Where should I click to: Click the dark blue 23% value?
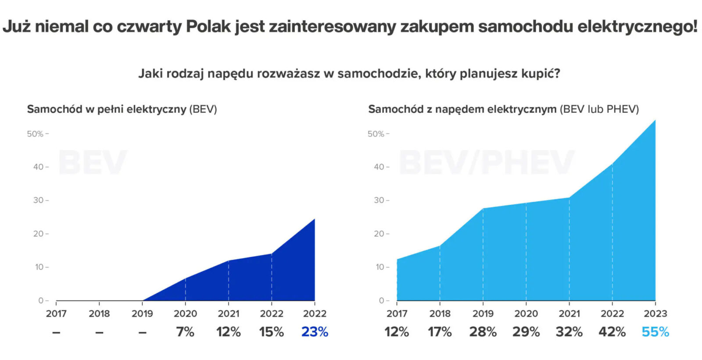[x=315, y=332]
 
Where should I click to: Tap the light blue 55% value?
[x=655, y=332]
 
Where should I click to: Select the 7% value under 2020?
[x=185, y=332]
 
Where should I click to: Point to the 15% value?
[x=272, y=332]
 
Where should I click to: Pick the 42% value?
[x=612, y=332]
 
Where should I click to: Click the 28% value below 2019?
[x=483, y=332]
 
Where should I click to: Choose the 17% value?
[x=440, y=332]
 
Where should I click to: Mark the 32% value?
[x=569, y=332]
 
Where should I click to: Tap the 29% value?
[x=526, y=332]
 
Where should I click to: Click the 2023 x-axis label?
[x=655, y=314]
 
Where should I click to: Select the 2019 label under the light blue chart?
[x=483, y=314]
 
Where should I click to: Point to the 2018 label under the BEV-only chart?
[x=99, y=314]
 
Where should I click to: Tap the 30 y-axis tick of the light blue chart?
[x=379, y=200]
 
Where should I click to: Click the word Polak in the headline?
[x=208, y=26]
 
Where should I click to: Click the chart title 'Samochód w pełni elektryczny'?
[x=107, y=109]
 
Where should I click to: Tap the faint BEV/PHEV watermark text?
[x=486, y=162]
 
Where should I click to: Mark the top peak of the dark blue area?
[x=314, y=219]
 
